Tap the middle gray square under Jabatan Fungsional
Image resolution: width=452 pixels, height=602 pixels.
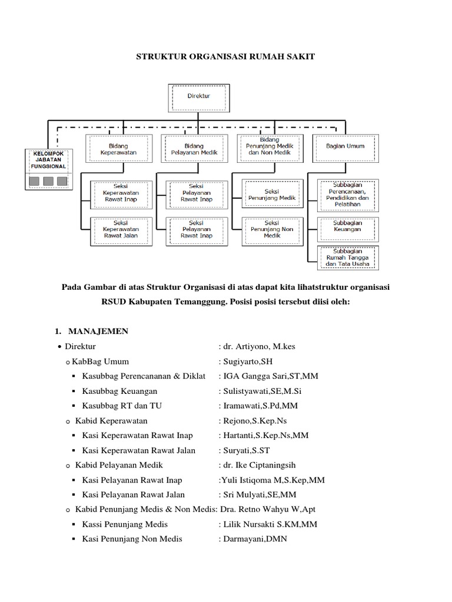48,180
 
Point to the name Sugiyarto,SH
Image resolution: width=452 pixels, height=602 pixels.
248,361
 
